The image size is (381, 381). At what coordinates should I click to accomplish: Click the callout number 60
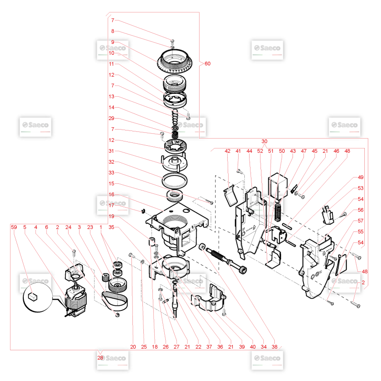[207, 64]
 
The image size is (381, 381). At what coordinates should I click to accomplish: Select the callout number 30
[264, 141]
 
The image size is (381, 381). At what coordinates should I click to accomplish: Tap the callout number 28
[100, 358]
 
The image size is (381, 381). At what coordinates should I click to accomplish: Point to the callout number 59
[14, 227]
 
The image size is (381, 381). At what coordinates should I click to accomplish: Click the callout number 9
[112, 42]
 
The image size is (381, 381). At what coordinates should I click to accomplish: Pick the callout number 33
[111, 172]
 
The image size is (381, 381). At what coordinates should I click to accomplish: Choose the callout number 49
[361, 177]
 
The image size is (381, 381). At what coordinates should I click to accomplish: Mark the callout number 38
[274, 347]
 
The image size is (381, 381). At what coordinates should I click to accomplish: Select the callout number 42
[228, 151]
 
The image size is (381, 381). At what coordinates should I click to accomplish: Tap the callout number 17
[111, 205]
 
